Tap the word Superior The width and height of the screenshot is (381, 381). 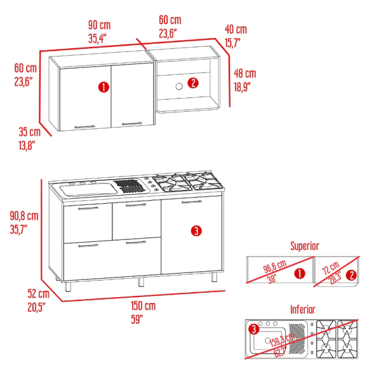[x=304, y=246]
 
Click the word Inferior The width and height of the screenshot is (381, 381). [x=303, y=309]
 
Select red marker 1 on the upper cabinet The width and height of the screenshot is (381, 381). [x=102, y=87]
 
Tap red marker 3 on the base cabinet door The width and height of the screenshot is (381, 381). [x=196, y=231]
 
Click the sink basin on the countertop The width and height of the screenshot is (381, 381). [x=83, y=187]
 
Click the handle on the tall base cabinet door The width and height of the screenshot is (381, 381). [x=190, y=203]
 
